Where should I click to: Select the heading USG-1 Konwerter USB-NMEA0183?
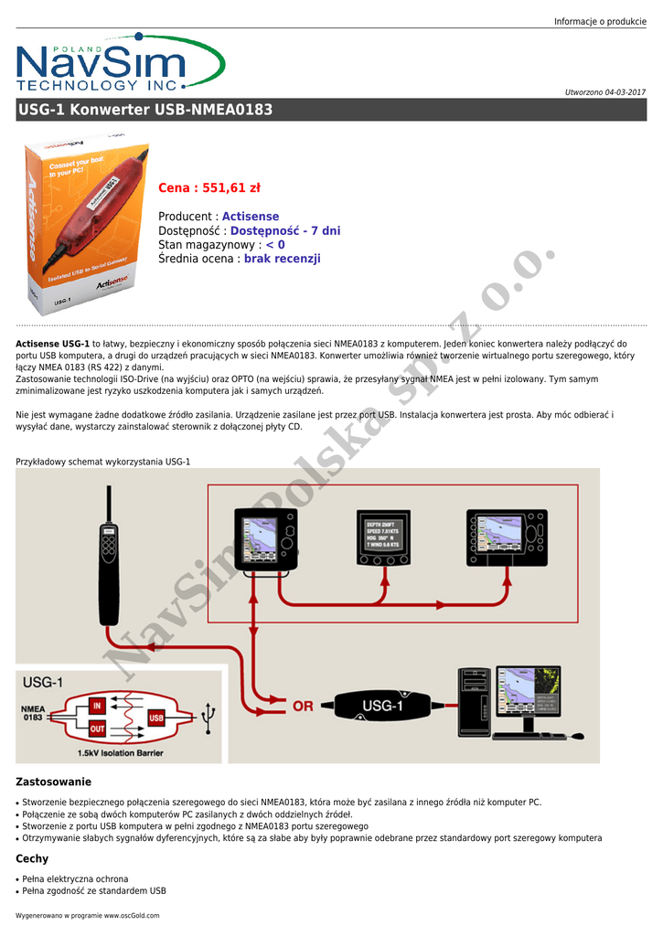[145, 110]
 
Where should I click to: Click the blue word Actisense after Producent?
[251, 217]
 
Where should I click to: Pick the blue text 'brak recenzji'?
[283, 259]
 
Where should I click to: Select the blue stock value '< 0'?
[275, 245]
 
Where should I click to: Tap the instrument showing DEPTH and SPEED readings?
[382, 540]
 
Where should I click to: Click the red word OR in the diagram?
[303, 707]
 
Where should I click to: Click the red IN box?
[97, 706]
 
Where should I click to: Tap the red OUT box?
[97, 729]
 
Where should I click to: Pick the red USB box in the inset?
[156, 718]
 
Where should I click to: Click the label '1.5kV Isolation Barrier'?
[121, 753]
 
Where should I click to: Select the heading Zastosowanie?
[54, 782]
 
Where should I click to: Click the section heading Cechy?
[32, 859]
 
